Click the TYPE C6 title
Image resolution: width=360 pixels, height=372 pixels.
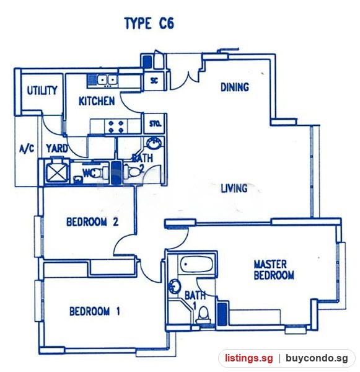click(149, 24)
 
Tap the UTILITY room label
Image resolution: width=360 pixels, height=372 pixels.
click(42, 91)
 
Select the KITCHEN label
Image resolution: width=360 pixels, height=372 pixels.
click(97, 101)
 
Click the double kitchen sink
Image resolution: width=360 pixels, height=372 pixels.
click(107, 80)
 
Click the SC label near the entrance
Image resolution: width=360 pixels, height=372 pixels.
click(154, 81)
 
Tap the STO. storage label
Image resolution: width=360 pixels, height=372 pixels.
click(156, 124)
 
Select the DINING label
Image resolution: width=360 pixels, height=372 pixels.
click(235, 87)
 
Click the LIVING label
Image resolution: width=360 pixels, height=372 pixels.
click(234, 188)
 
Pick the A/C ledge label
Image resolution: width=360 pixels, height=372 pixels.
click(27, 149)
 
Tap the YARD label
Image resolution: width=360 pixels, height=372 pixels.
click(57, 149)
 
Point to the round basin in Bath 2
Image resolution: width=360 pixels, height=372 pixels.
click(154, 143)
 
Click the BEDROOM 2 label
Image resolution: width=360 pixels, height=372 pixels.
click(92, 222)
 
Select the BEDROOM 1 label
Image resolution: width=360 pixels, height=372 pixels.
click(94, 311)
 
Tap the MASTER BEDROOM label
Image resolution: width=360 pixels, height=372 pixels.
click(274, 270)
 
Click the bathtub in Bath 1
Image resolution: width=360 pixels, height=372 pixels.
click(196, 265)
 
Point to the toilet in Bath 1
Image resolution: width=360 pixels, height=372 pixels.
click(204, 314)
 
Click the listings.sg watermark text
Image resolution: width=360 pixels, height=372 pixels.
click(249, 358)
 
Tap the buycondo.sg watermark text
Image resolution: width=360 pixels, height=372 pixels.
click(317, 358)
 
